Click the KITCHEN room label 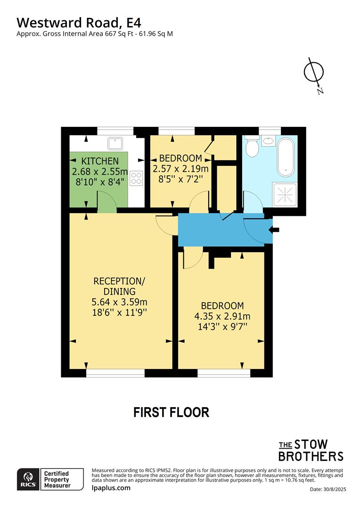click(99, 161)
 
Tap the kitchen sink click(115, 142)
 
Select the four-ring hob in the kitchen click(136, 178)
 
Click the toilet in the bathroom click(252, 147)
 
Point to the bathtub click(286, 156)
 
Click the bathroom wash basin click(268, 140)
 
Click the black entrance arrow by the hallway click(274, 230)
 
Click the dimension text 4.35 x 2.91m click(222, 316)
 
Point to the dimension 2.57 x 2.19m click(180, 168)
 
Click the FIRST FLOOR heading click(171, 412)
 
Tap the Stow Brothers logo click(311, 450)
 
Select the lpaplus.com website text click(111, 488)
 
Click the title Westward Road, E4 click(79, 22)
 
